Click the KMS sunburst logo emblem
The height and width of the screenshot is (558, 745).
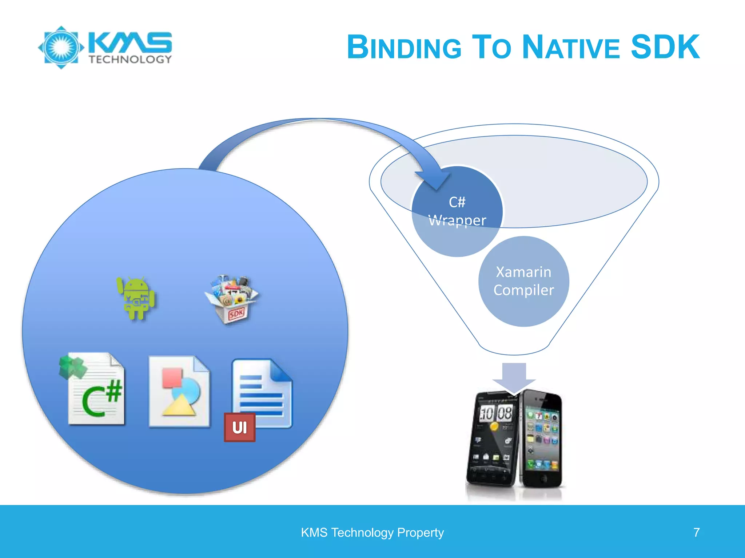click(61, 47)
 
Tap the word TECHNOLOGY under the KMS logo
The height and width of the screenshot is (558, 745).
click(130, 60)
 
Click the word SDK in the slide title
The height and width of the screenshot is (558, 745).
click(665, 47)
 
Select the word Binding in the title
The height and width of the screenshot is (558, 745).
click(404, 48)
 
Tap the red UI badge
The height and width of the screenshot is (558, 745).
click(239, 427)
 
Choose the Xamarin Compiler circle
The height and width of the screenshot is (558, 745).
click(523, 281)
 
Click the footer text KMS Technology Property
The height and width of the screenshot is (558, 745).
click(372, 533)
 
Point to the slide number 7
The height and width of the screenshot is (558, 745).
click(696, 533)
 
